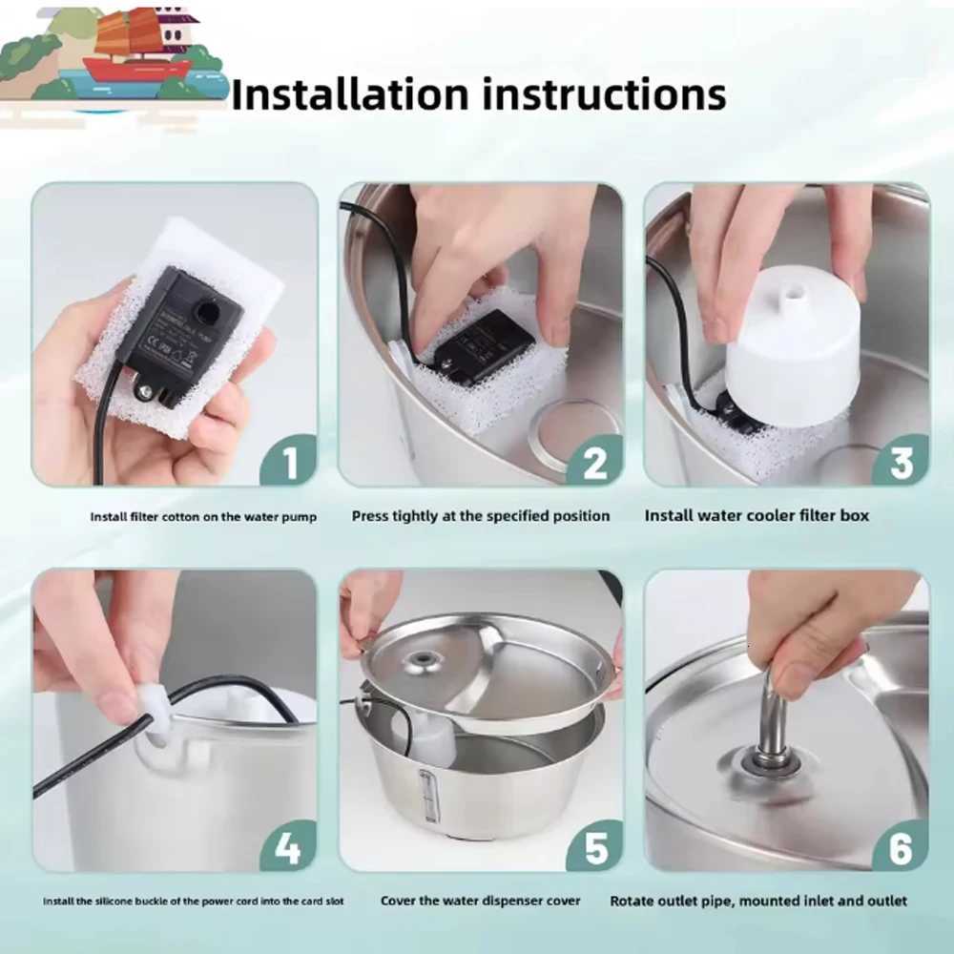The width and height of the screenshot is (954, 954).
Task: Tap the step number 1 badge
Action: (287, 462)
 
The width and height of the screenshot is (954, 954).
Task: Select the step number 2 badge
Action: (594, 462)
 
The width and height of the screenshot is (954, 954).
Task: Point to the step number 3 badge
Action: (901, 462)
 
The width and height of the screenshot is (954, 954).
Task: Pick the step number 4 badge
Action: (287, 846)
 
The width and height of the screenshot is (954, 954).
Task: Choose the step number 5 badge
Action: (594, 846)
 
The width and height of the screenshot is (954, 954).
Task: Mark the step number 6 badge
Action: (901, 846)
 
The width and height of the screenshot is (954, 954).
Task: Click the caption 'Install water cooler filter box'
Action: (757, 516)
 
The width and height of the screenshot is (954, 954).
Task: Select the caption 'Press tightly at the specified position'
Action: (480, 516)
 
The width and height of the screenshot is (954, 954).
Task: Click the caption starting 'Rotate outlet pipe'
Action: (758, 901)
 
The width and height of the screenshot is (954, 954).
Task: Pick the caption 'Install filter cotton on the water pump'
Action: (203, 517)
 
